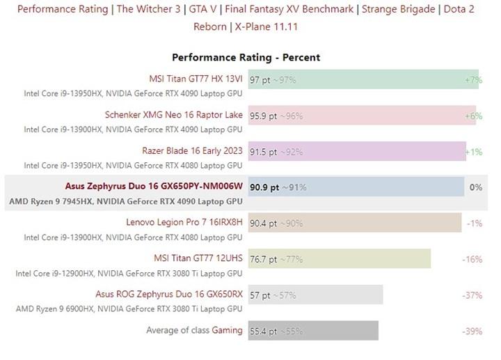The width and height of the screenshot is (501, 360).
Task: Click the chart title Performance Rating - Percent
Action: (x=246, y=57)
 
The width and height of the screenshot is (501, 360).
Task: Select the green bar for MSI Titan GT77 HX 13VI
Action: (x=362, y=80)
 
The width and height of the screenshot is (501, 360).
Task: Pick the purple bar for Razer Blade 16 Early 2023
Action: (x=356, y=151)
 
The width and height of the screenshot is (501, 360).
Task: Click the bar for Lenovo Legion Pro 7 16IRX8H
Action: (x=355, y=223)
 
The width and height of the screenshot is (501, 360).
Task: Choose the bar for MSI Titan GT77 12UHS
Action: (x=339, y=259)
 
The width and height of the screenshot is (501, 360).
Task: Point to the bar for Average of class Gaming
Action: (x=313, y=331)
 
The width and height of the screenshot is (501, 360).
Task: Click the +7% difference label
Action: (x=473, y=80)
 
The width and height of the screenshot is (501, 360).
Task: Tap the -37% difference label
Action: (x=472, y=295)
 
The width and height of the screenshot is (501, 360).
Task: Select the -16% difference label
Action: (x=472, y=259)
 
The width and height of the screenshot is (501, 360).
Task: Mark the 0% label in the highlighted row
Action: (x=476, y=187)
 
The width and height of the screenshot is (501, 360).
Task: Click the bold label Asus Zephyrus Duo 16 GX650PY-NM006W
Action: (x=154, y=187)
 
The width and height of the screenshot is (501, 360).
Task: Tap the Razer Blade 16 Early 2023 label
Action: (x=192, y=150)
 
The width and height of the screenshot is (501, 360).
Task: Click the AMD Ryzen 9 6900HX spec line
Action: (x=129, y=308)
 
